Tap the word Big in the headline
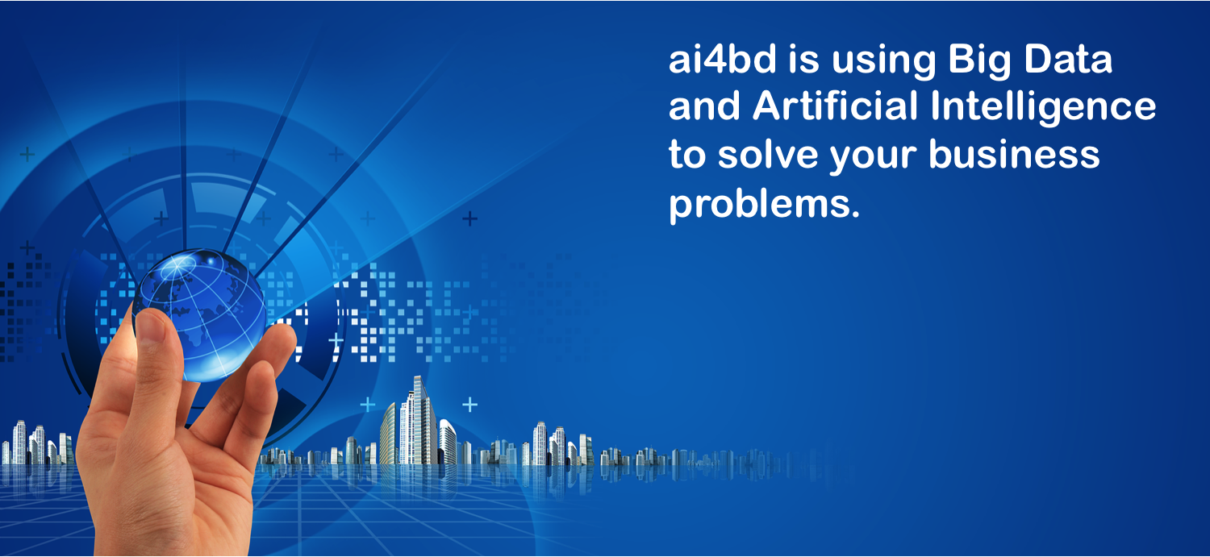click(x=978, y=62)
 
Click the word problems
click(x=758, y=205)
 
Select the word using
click(x=883, y=62)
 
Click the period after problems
click(x=854, y=214)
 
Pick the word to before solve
click(x=687, y=154)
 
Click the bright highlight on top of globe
click(x=184, y=263)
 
